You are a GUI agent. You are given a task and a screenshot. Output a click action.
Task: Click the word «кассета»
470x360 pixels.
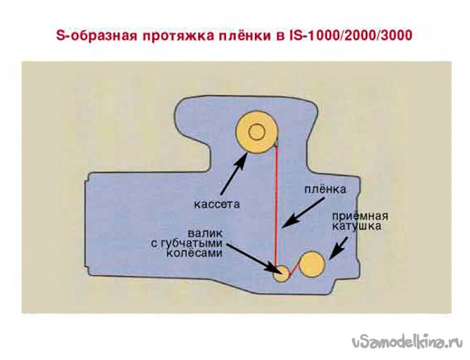pyautogui.click(x=217, y=204)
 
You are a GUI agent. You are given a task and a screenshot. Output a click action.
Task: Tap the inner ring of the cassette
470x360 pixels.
pyautogui.click(x=256, y=132)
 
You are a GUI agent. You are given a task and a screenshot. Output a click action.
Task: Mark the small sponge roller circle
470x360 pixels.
pyautogui.click(x=283, y=273)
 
